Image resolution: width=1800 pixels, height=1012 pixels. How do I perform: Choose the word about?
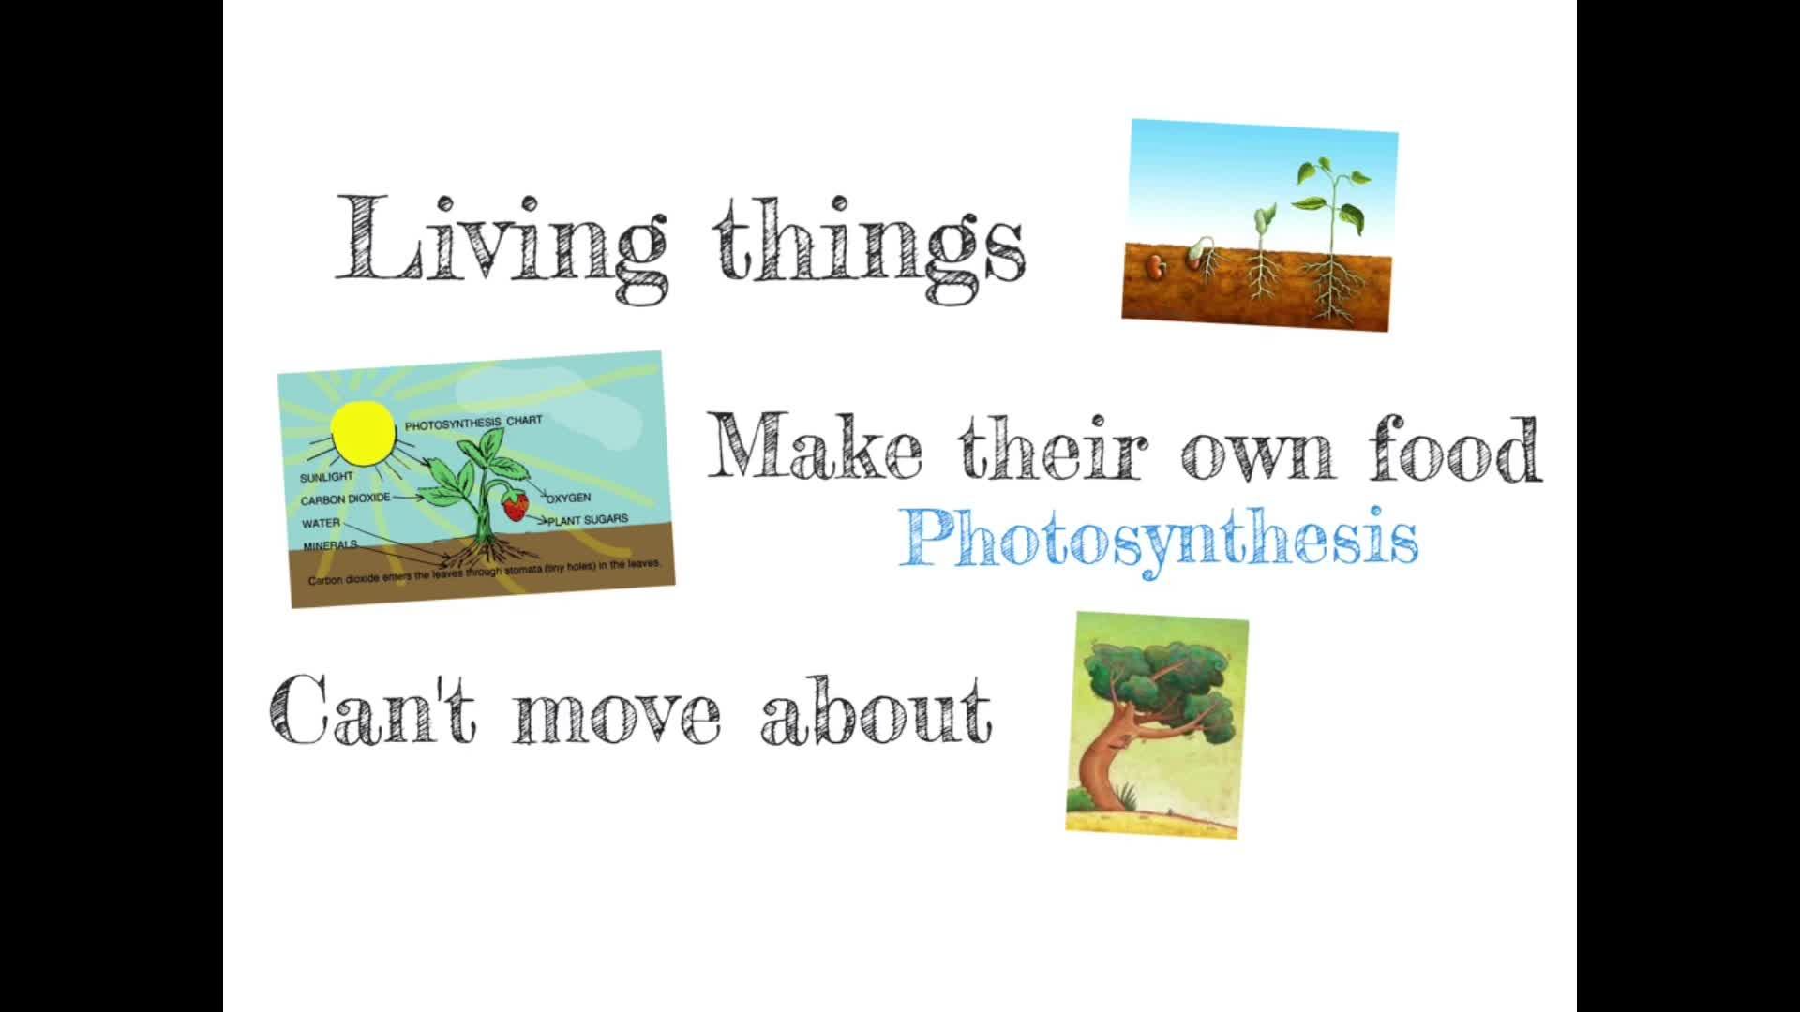[x=876, y=709]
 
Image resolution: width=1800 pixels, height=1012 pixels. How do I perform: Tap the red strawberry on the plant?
[x=515, y=506]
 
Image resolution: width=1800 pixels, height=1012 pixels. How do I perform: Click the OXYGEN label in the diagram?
[x=568, y=497]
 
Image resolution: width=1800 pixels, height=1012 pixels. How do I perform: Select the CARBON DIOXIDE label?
[x=345, y=499]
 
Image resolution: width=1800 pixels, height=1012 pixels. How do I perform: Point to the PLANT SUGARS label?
[x=588, y=519]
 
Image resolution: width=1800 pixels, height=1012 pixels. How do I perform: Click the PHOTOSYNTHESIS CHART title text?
[x=473, y=423]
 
